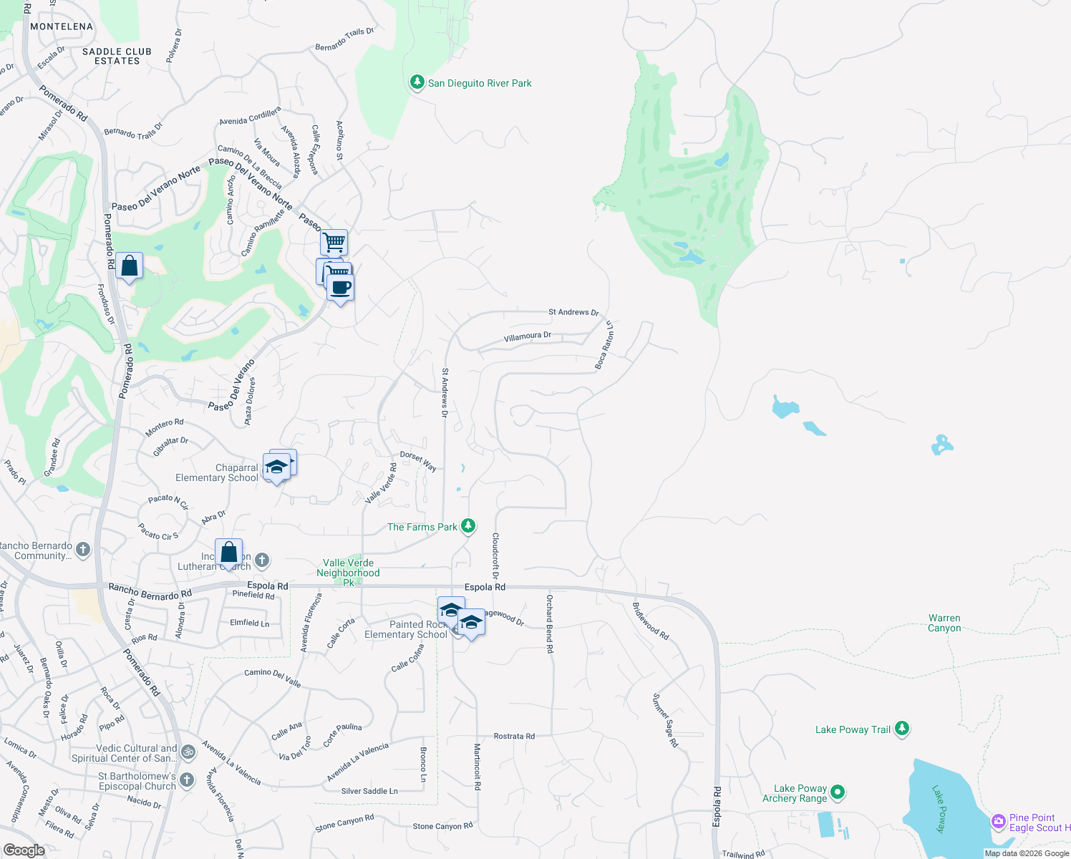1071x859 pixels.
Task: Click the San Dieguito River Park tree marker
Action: coord(417,82)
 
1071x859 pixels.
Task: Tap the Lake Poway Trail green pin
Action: coord(902,729)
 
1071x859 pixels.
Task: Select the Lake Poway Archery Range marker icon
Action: coord(838,792)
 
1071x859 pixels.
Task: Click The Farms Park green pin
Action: coord(467,526)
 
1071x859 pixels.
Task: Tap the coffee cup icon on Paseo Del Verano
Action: coord(341,288)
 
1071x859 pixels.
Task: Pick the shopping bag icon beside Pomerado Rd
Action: coord(129,266)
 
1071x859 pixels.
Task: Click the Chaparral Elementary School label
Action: coord(217,472)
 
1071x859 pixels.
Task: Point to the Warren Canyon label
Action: coord(944,623)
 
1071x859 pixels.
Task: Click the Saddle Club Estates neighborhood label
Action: coord(117,56)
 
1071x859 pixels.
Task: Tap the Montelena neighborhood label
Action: coord(62,26)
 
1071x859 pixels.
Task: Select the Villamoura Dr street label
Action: coord(528,336)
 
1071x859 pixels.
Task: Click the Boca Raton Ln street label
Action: coord(604,346)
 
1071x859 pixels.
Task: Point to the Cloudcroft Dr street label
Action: coord(495,555)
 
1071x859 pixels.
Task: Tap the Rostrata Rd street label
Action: coord(514,736)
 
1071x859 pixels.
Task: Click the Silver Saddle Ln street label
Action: coord(369,791)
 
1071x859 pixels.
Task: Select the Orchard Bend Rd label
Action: coord(550,623)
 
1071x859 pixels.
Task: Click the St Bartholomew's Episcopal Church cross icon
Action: coord(187,780)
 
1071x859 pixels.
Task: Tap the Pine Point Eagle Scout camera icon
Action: coord(998,822)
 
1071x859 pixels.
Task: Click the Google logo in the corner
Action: coord(24,850)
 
